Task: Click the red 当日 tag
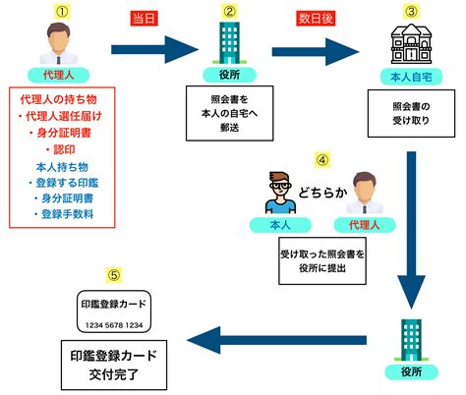tap(145, 19)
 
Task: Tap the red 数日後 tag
tap(316, 19)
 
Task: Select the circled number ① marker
tap(62, 12)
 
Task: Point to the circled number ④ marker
tap(322, 160)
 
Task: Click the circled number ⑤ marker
tap(114, 275)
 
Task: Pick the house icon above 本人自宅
tap(411, 44)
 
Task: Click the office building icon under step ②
tap(229, 42)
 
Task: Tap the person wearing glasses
tap(280, 193)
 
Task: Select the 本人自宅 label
tap(411, 77)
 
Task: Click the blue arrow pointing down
tap(411, 230)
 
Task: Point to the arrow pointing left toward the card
tap(277, 340)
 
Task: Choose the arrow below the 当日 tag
tap(155, 50)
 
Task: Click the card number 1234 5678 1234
tap(114, 325)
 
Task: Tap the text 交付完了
tap(114, 374)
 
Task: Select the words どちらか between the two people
tap(322, 193)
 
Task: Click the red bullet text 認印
tap(61, 149)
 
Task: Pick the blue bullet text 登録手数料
tap(64, 214)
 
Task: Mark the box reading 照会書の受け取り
tap(411, 113)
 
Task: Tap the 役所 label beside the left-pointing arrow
tap(411, 372)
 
